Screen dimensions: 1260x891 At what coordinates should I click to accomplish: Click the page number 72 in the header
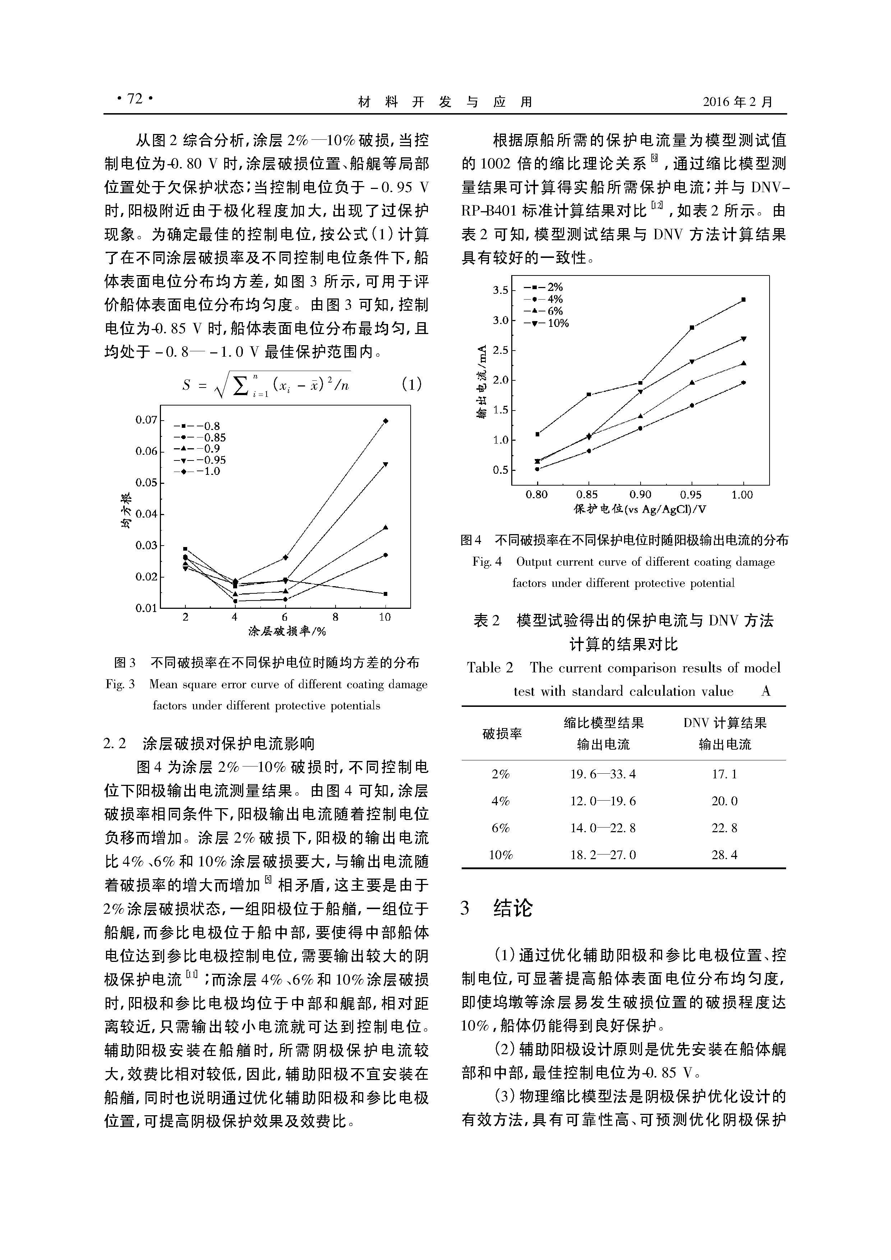(134, 99)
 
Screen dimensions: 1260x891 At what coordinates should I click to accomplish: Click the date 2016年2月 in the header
(737, 102)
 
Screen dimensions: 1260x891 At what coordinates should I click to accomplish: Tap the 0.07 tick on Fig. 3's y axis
(146, 420)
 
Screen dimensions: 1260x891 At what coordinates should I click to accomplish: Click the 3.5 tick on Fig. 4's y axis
(500, 290)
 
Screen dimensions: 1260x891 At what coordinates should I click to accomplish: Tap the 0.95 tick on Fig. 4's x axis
(691, 495)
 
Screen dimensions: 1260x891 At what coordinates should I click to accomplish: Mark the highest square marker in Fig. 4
(743, 300)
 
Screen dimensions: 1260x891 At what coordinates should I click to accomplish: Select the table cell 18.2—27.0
(603, 854)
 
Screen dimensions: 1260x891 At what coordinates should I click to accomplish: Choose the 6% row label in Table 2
(501, 828)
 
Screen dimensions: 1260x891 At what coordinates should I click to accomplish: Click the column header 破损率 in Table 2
(502, 734)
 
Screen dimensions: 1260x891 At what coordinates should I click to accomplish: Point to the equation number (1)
(412, 384)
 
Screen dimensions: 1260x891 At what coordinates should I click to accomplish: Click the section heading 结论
(513, 908)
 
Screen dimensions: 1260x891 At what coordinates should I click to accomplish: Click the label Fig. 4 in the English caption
(487, 562)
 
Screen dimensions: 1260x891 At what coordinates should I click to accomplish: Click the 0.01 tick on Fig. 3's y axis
(146, 608)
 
